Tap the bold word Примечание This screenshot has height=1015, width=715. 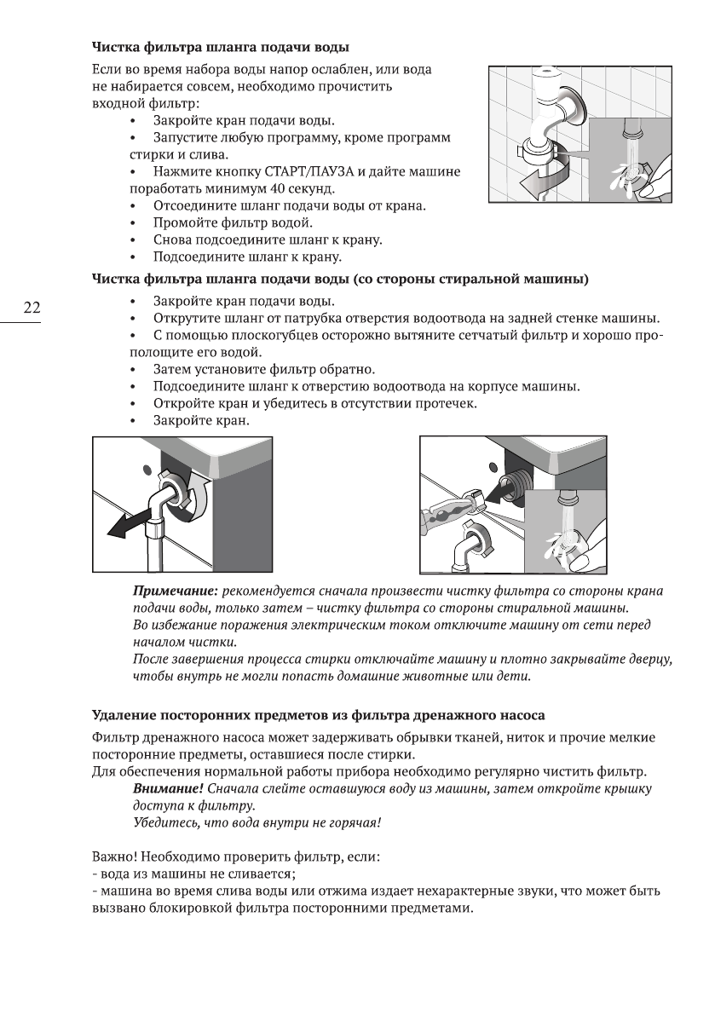(x=176, y=591)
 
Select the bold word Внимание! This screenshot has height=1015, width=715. (x=168, y=789)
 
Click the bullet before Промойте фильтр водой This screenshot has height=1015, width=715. (x=132, y=223)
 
